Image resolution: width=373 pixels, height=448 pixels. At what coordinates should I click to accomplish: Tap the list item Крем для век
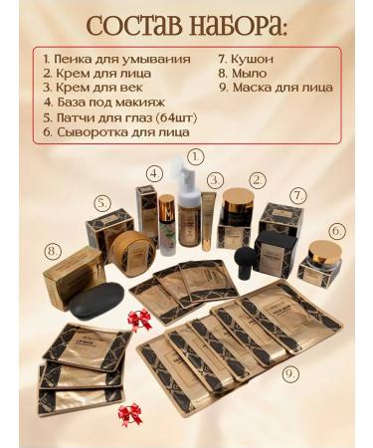(x=93, y=88)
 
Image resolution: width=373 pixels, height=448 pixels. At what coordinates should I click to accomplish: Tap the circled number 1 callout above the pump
(x=195, y=156)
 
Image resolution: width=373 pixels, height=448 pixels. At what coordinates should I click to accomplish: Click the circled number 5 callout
(x=101, y=202)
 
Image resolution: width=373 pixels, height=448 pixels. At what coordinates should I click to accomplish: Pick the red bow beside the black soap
(x=138, y=320)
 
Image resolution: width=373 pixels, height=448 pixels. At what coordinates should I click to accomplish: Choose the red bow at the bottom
(x=129, y=413)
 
